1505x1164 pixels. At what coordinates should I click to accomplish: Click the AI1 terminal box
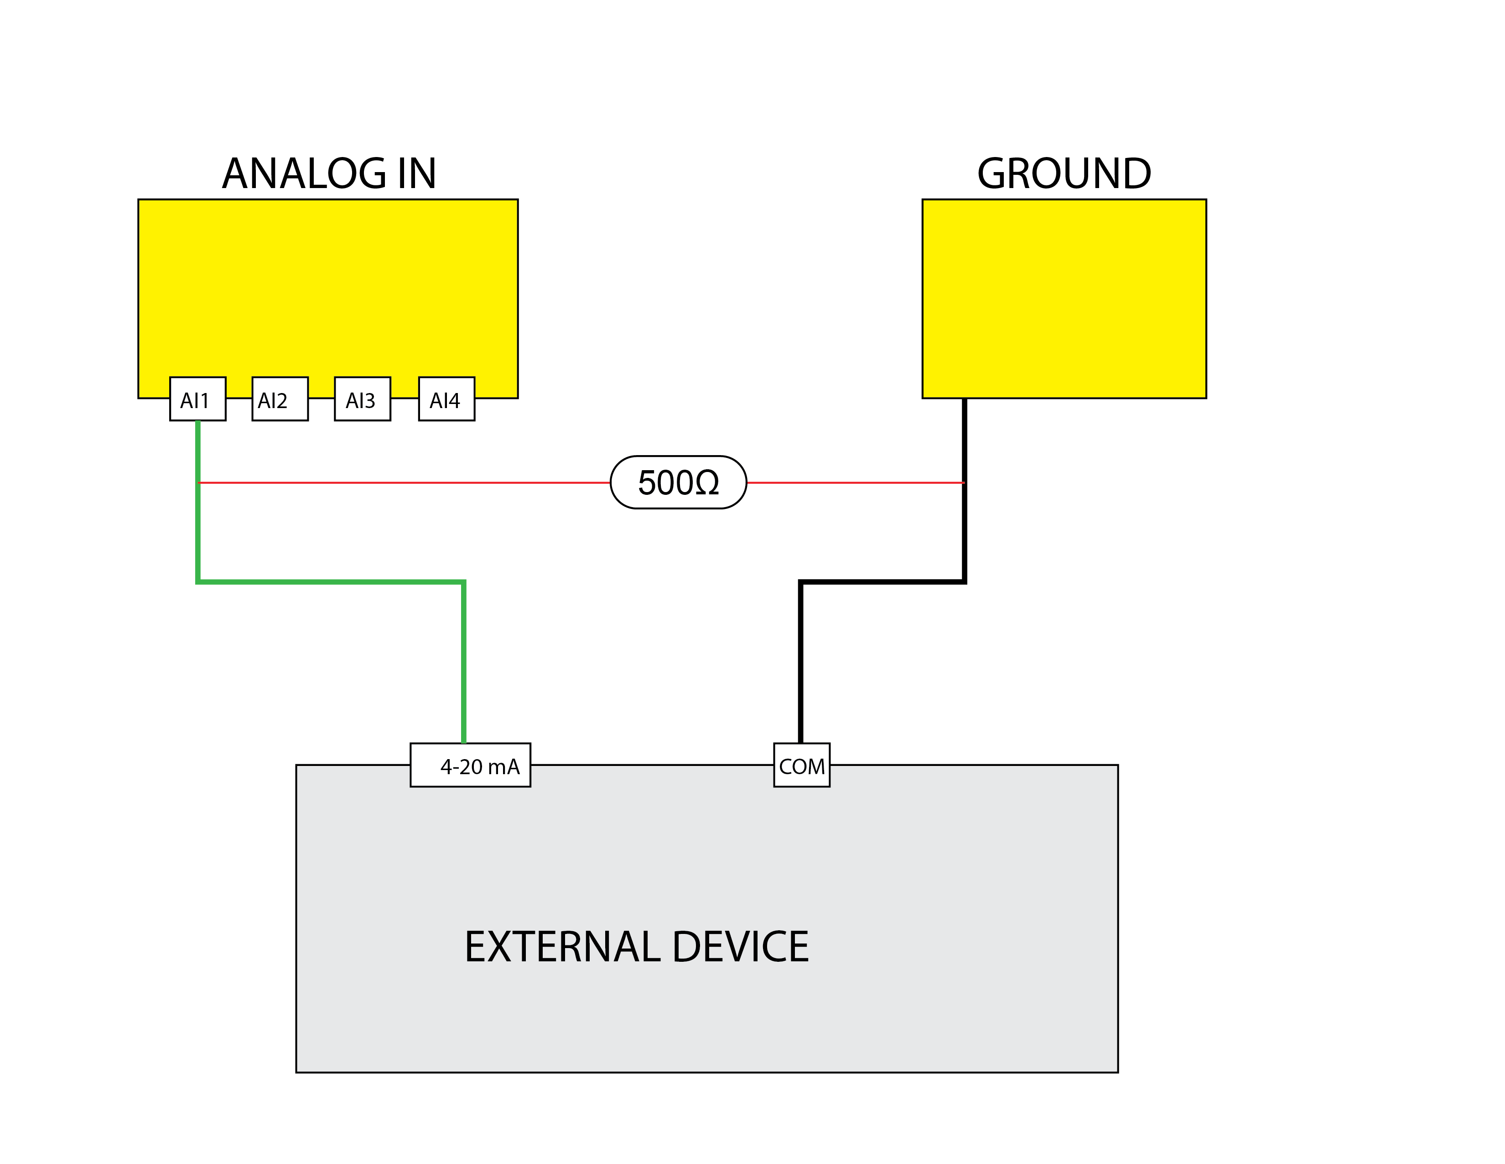pos(198,399)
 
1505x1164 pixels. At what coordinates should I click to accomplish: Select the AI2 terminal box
pos(280,399)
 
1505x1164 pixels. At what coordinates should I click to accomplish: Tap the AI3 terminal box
pos(363,399)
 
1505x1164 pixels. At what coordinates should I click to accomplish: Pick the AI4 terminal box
pos(446,399)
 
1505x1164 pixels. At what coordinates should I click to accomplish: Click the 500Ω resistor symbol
pos(678,482)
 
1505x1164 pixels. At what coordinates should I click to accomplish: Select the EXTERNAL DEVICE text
pos(636,947)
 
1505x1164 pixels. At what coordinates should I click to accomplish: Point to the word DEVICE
pos(740,947)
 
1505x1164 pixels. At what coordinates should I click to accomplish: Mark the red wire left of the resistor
pos(403,482)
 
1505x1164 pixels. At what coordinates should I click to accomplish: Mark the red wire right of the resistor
pos(855,482)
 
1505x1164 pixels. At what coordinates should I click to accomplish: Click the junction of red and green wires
pos(198,482)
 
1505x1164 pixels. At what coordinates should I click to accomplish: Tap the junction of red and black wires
pos(964,482)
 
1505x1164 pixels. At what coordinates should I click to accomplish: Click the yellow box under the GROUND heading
pos(1064,299)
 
